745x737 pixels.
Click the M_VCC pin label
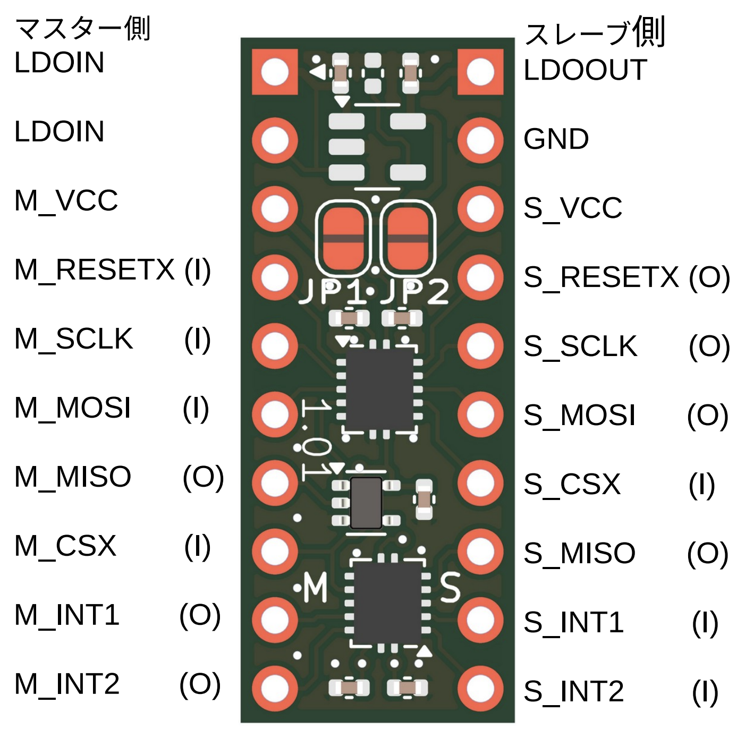tap(66, 201)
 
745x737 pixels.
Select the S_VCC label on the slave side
tap(572, 208)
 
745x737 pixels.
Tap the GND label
tap(556, 139)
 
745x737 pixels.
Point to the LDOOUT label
tap(585, 70)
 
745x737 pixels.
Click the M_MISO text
tap(72, 477)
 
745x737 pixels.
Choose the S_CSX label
tap(572, 484)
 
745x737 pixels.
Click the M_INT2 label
tap(67, 684)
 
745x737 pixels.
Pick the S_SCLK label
tap(580, 346)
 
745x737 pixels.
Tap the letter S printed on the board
tap(450, 588)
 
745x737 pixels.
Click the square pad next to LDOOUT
tap(480, 72)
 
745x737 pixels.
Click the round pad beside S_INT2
tap(480, 689)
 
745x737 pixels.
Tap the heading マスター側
tap(83, 29)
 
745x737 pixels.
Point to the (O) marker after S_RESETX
tap(709, 277)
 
